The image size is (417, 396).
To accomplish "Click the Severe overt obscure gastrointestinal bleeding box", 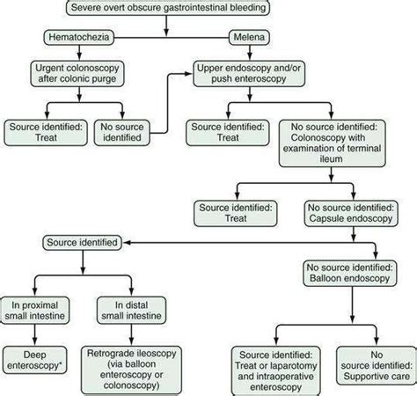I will (167, 11).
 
